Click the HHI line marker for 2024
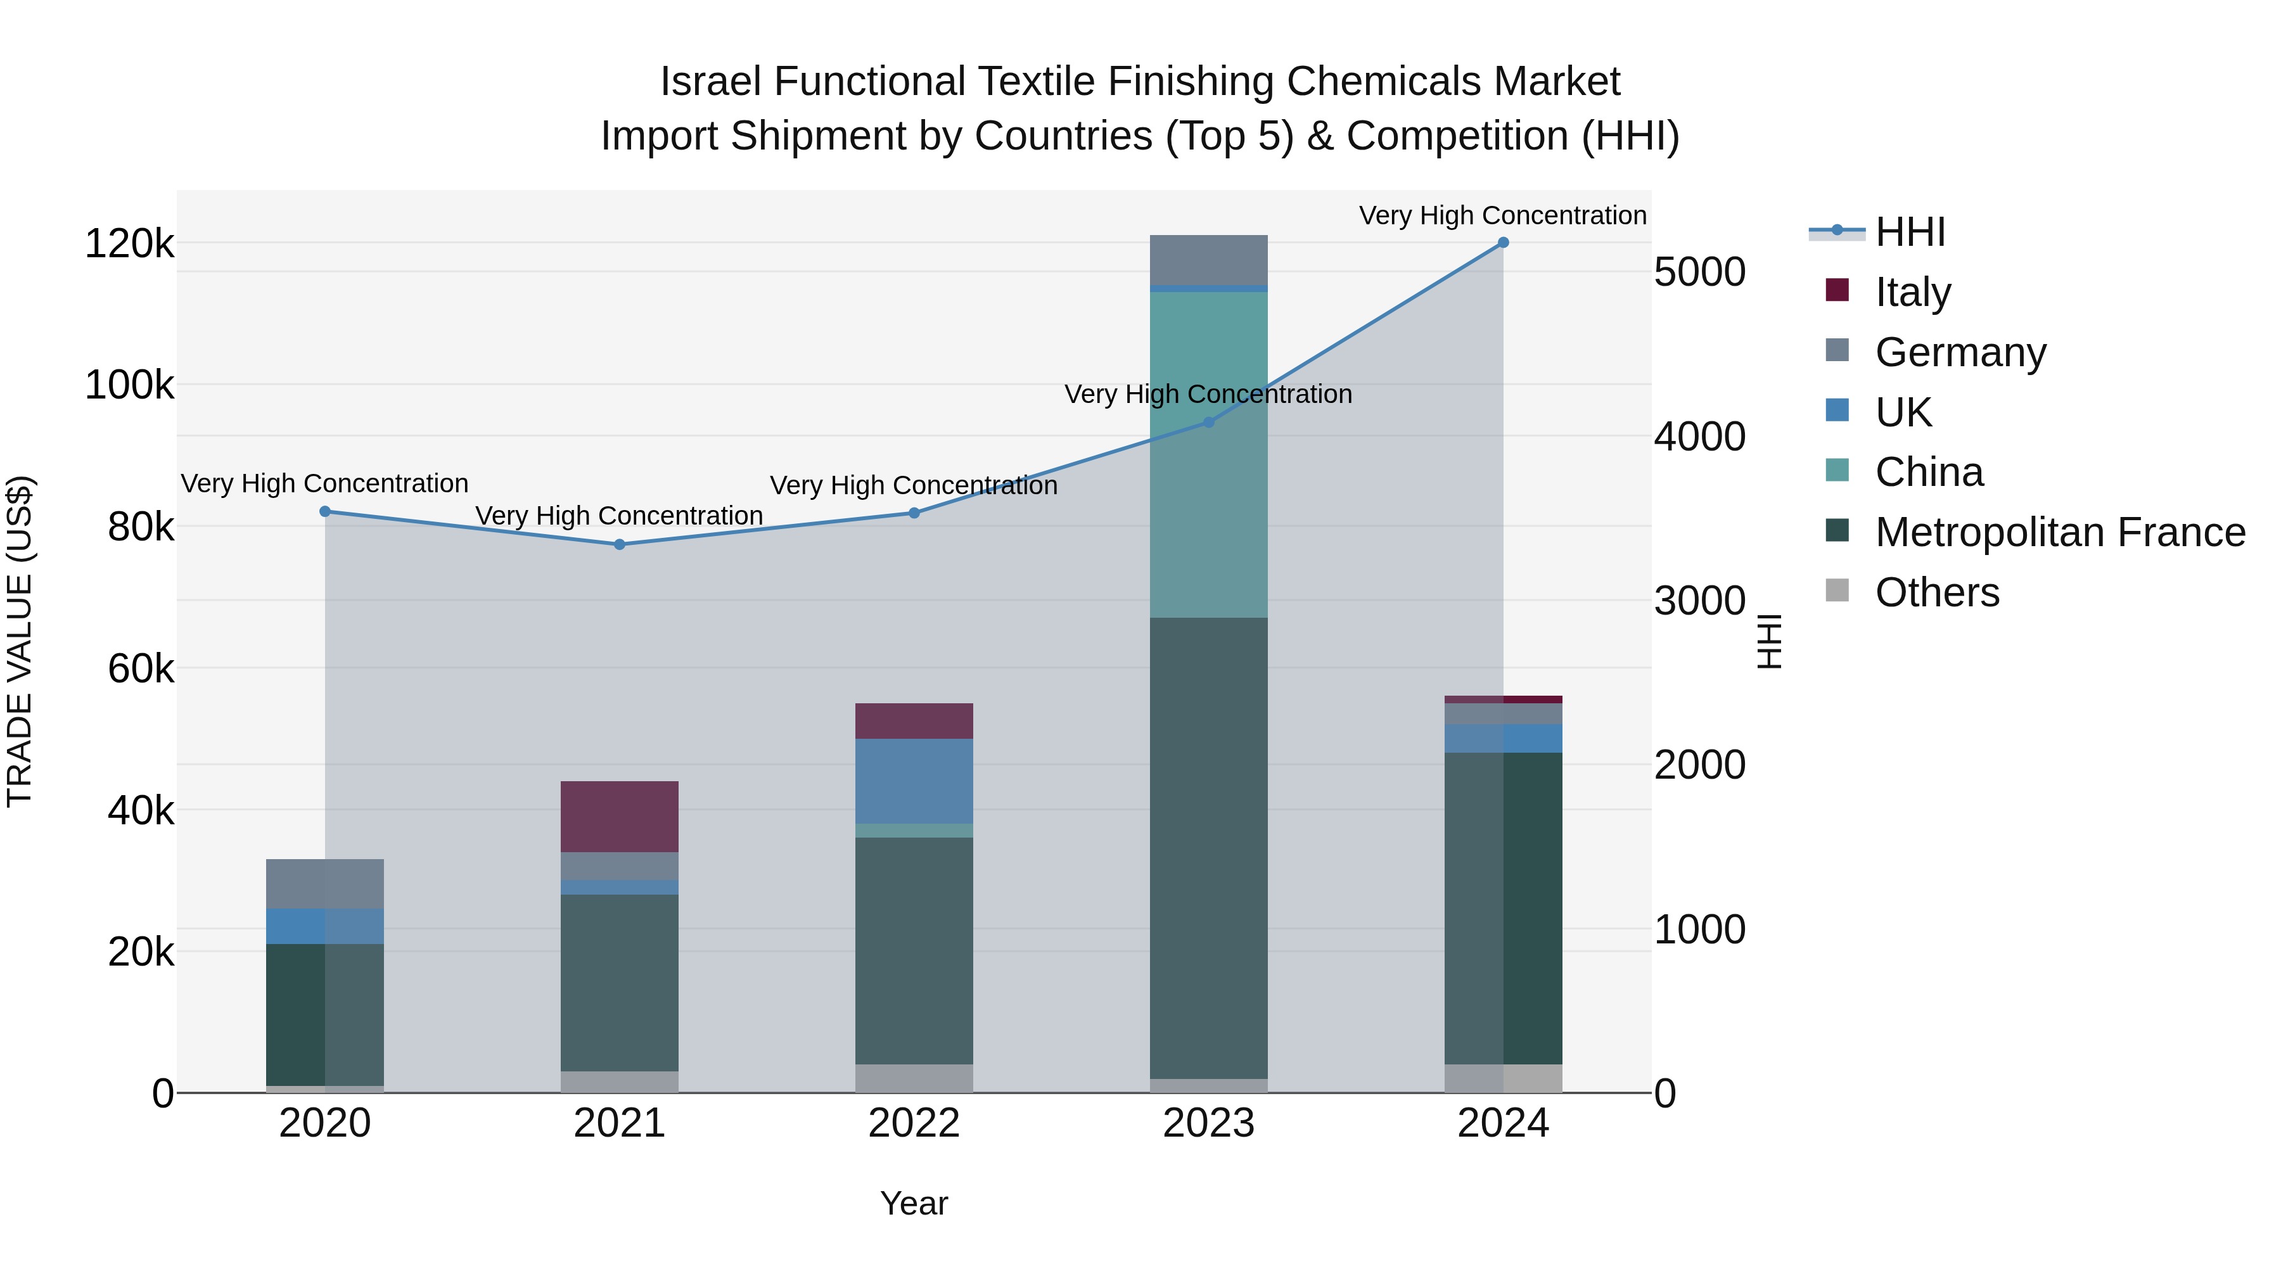point(1503,243)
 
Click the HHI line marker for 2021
point(620,544)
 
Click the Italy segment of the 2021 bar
point(620,817)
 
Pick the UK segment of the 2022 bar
point(914,781)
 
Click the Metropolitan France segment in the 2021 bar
point(620,983)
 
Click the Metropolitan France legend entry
point(2060,532)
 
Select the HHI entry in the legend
point(1909,232)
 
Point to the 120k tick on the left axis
point(129,243)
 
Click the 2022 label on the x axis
point(914,1123)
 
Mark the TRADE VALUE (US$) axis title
point(20,641)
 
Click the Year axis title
point(914,1203)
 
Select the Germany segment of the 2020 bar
point(325,884)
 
